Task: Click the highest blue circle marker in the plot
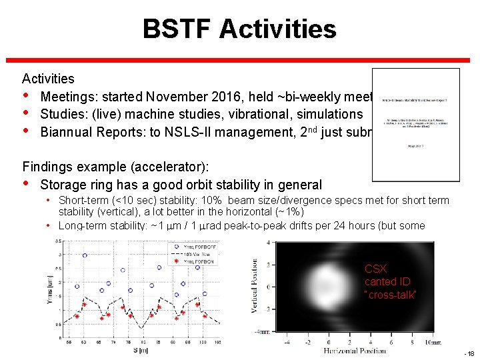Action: [85, 255]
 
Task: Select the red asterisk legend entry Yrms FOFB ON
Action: [193, 261]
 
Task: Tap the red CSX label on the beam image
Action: [375, 269]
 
